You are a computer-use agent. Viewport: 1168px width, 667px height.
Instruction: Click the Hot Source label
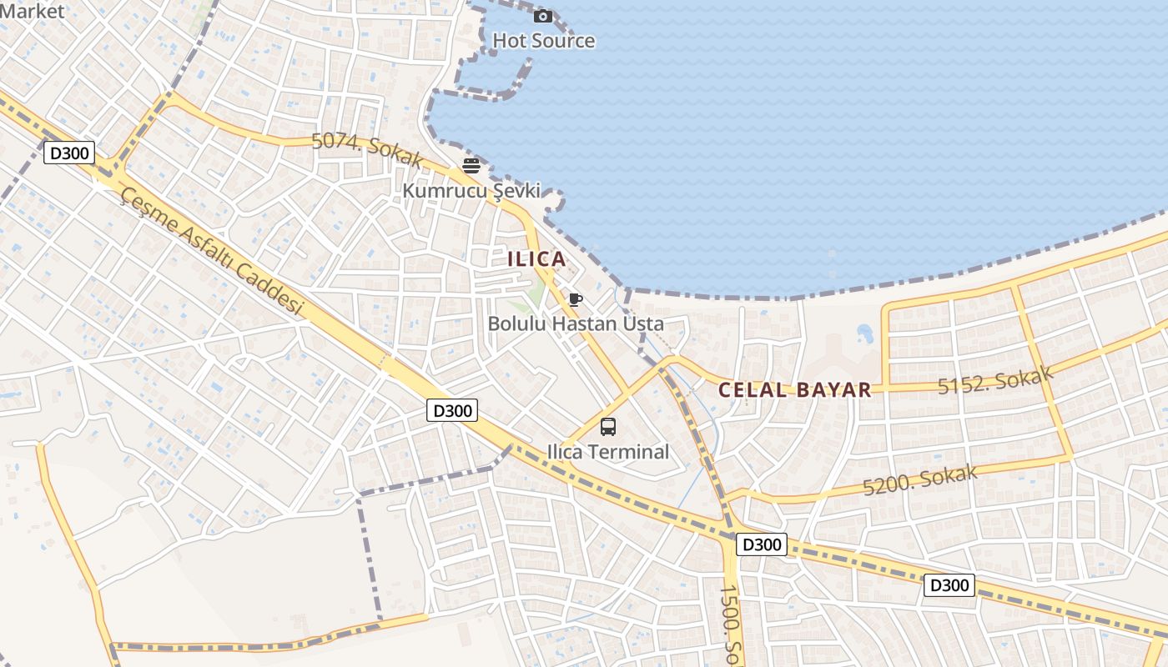pyautogui.click(x=543, y=41)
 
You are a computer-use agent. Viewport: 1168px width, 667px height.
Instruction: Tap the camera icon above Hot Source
pyautogui.click(x=543, y=16)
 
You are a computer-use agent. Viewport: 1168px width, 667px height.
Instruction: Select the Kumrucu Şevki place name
pyautogui.click(x=471, y=191)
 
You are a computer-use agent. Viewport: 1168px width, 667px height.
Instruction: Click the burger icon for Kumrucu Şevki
pyautogui.click(x=471, y=165)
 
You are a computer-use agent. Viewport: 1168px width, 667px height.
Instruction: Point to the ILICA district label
pyautogui.click(x=537, y=258)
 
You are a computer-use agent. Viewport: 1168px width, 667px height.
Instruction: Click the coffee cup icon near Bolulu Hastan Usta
pyautogui.click(x=575, y=299)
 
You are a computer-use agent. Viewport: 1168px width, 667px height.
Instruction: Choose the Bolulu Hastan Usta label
pyautogui.click(x=576, y=323)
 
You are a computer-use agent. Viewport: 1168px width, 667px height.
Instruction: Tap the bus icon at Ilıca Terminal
pyautogui.click(x=608, y=427)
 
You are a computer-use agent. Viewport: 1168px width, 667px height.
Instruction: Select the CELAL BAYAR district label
pyautogui.click(x=794, y=389)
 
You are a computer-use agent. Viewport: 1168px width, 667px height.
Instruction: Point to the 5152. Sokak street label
pyautogui.click(x=995, y=380)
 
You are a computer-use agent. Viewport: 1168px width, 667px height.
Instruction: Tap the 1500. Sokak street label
pyautogui.click(x=731, y=625)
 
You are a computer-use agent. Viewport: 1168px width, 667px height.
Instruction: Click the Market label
pyautogui.click(x=32, y=11)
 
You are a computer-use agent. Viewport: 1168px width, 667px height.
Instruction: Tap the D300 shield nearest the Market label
pyautogui.click(x=69, y=153)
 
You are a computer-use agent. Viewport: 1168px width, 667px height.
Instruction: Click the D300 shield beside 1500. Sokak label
pyautogui.click(x=762, y=545)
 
